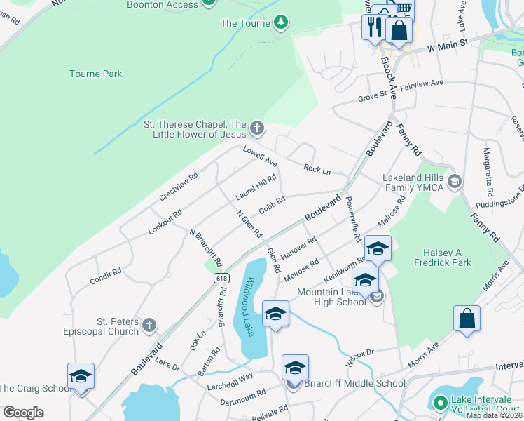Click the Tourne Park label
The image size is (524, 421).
tap(96, 74)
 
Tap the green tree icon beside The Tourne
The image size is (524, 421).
tap(281, 23)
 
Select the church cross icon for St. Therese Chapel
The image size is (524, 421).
tap(257, 128)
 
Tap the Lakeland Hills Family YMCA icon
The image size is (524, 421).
tap(453, 182)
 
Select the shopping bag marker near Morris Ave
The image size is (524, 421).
tap(467, 319)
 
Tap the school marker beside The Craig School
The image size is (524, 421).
tap(81, 377)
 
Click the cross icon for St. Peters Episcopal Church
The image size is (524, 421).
tap(149, 325)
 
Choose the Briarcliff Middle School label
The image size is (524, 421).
tap(354, 383)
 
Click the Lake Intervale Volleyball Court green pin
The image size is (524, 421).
tap(440, 403)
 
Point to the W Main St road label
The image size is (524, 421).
tap(447, 46)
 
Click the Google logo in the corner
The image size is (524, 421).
tap(23, 413)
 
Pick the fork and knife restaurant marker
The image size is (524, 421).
tap(373, 27)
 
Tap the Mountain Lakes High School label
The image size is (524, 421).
tap(331, 297)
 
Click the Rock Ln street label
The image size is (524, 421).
tap(317, 169)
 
